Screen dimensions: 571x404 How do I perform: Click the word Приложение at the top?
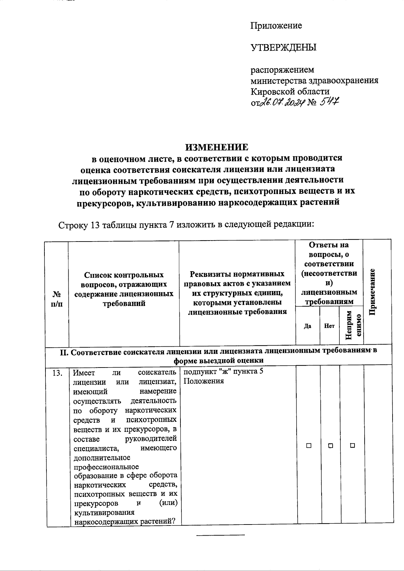click(276, 26)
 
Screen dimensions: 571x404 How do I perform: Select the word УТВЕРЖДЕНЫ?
click(283, 47)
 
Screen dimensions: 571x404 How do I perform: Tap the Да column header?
click(307, 326)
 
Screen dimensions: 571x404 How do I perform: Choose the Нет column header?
click(329, 326)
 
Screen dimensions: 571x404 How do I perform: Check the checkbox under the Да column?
click(308, 446)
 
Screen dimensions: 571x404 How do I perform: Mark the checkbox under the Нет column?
click(330, 446)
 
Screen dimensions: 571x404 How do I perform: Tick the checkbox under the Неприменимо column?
click(352, 446)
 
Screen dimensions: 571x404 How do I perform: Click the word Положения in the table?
click(204, 381)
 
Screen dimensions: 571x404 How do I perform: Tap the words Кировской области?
click(290, 92)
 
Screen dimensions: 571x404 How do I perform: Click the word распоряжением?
click(282, 70)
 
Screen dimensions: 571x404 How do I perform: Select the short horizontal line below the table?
click(220, 535)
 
